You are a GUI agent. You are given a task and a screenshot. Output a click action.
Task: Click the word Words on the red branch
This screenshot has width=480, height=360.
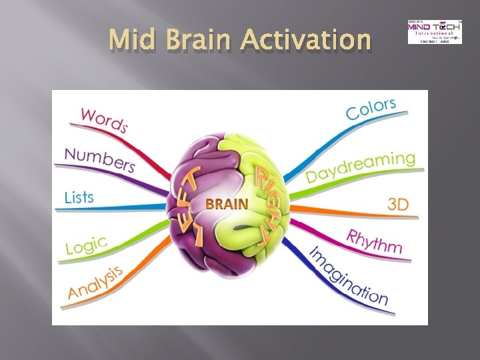pos(104,118)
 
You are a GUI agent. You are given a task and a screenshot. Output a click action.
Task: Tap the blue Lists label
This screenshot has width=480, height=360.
pos(79,197)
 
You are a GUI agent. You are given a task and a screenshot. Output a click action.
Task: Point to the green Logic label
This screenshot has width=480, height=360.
pos(86,246)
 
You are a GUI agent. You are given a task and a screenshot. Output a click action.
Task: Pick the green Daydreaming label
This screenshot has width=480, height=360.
pos(360,167)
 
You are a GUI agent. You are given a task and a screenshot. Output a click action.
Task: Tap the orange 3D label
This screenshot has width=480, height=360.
pos(397,204)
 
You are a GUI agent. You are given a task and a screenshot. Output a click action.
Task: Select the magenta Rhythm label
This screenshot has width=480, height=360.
pos(375,240)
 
